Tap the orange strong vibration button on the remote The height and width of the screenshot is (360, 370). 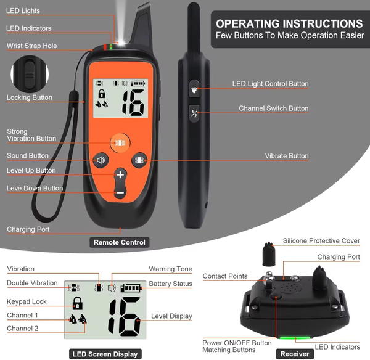tap(120, 143)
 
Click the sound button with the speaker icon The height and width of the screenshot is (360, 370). tap(101, 160)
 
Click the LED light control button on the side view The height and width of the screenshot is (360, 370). tap(194, 89)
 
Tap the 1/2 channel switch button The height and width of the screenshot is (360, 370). tap(194, 113)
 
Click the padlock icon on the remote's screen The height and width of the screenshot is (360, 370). tap(102, 94)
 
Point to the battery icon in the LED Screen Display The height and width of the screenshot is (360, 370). tap(131, 288)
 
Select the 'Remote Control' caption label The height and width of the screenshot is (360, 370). tap(120, 242)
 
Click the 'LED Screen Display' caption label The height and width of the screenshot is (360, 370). tap(105, 354)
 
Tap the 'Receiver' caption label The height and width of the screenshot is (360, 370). tap(295, 354)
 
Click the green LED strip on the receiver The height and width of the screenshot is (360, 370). tap(295, 338)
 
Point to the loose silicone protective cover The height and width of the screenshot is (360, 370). tap(269, 254)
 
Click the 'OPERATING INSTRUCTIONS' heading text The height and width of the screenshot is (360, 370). tap(289, 23)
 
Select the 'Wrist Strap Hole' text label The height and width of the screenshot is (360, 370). tap(32, 46)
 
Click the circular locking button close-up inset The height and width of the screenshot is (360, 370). tap(30, 74)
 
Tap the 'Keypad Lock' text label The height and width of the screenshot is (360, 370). tap(27, 301)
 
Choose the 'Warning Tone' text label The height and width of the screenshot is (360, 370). tap(170, 269)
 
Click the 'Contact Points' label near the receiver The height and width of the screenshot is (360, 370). tap(225, 276)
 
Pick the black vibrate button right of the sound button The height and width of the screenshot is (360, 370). tap(139, 160)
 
